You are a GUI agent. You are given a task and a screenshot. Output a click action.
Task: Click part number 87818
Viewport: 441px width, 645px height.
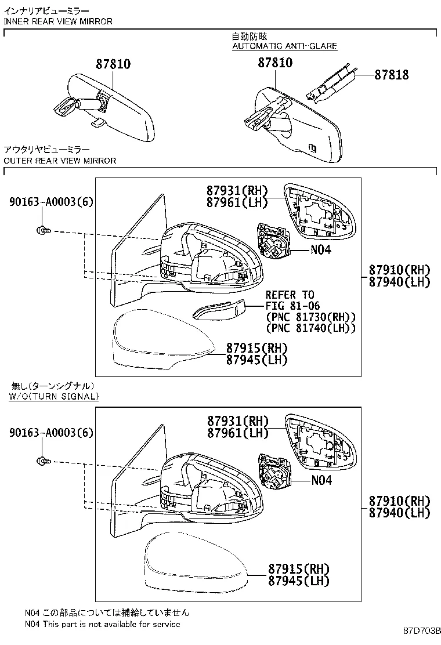click(391, 75)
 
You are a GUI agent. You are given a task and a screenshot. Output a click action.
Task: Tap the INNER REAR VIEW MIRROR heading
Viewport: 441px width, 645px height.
click(58, 21)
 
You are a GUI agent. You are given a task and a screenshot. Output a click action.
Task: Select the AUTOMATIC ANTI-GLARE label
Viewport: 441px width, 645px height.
click(284, 46)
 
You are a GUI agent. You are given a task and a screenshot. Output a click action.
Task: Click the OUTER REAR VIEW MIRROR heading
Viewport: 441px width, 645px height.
click(60, 160)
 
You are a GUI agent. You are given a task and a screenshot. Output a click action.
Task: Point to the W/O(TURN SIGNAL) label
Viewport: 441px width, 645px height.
click(53, 396)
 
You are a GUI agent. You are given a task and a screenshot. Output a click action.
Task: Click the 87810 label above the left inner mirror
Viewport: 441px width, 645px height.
click(113, 64)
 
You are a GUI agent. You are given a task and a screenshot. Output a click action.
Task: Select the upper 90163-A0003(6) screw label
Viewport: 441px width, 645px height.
click(51, 201)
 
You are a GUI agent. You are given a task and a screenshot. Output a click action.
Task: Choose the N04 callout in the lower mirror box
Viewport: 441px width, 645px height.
click(321, 480)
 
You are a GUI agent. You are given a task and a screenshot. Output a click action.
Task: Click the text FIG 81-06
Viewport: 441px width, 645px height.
click(292, 306)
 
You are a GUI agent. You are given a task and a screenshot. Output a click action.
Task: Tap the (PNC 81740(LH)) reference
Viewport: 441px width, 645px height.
click(310, 328)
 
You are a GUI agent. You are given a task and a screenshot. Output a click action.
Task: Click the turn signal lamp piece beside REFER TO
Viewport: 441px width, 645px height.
click(218, 310)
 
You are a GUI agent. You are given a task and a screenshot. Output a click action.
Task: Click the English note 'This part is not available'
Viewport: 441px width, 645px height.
click(102, 624)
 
